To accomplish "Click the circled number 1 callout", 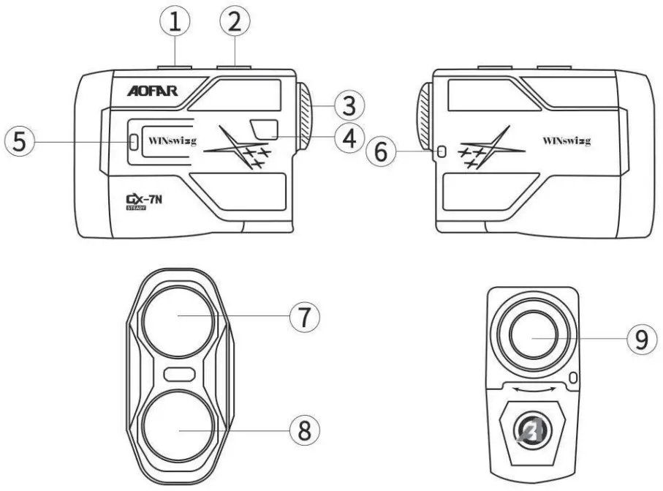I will pos(175,23).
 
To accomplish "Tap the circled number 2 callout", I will pos(234,23).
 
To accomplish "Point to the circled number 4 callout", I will pos(349,137).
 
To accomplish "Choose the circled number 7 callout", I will pos(303,317).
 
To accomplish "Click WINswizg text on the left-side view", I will pos(173,140).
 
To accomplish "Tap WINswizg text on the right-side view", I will pos(567,140).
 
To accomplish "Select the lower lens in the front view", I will pos(179,429).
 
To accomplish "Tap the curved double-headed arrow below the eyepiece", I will pos(538,391).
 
